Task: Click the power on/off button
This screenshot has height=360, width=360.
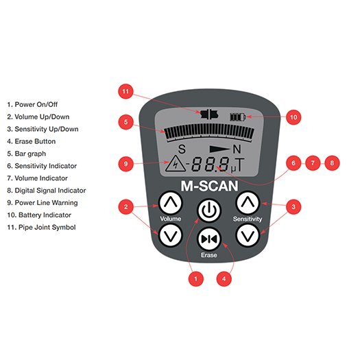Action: tap(209, 210)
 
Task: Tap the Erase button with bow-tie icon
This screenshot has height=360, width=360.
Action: tap(209, 239)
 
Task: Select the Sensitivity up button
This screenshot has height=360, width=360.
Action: tap(248, 203)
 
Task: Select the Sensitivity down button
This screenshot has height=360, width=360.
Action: tap(248, 236)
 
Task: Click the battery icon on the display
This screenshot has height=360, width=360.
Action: tap(238, 117)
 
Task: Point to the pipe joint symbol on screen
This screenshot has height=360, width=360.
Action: tap(209, 114)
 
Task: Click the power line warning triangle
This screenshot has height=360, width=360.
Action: tap(176, 163)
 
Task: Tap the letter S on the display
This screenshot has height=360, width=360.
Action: tap(182, 149)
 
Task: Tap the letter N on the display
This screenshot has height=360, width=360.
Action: tap(237, 149)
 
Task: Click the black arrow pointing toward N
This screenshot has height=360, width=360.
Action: tap(219, 149)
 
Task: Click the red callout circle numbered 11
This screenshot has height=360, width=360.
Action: tap(125, 91)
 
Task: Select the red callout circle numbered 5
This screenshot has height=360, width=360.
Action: tap(125, 121)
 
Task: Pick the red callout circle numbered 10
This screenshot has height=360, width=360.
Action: tap(293, 117)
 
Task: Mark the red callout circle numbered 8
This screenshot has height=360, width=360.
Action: tap(332, 163)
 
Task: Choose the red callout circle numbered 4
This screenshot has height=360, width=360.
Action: tap(224, 278)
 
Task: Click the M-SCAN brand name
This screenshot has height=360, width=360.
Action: tap(209, 186)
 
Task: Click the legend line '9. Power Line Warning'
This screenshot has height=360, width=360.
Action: tap(43, 203)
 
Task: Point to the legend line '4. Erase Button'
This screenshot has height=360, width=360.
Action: tap(32, 141)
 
